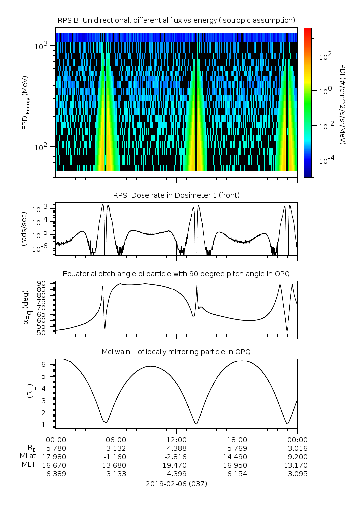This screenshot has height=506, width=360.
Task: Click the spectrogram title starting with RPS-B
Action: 177,20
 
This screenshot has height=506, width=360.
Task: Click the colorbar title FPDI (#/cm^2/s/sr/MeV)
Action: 343,102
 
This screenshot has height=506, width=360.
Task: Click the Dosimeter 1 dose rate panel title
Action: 176,195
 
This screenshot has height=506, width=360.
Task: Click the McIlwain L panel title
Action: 176,352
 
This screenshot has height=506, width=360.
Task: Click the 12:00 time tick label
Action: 176,440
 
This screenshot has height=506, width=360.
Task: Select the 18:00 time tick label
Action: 237,440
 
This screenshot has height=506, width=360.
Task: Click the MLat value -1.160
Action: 116,457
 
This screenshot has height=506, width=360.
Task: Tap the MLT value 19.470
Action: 176,465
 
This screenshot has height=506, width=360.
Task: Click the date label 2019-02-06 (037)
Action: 176,483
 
